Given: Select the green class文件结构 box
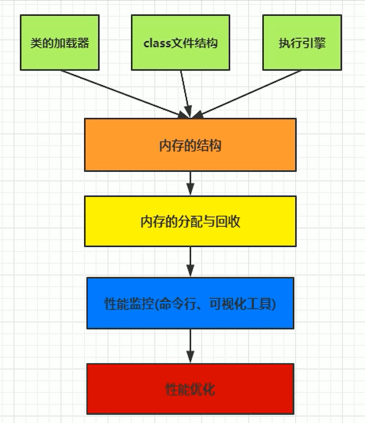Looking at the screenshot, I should coord(181,43).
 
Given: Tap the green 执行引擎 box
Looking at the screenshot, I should coord(301,43).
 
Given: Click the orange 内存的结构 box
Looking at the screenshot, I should coord(190,145).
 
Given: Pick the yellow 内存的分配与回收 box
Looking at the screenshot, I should coord(190,221).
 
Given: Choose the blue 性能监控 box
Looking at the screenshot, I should coord(190,303).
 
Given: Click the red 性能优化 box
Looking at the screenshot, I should coord(190,389).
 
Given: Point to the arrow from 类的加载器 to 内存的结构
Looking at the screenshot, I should coord(121,93).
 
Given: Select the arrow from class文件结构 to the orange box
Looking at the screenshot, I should coord(185,93).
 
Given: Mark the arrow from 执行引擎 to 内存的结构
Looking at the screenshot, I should coord(248,93).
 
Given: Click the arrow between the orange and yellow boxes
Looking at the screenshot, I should coord(190,183).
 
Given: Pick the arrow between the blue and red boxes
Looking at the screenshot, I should coord(190,345).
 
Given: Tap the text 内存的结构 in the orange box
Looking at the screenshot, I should coord(190,145).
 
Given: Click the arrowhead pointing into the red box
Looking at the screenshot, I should coord(190,357).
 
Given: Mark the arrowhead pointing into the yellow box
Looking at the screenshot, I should coord(190,190).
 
